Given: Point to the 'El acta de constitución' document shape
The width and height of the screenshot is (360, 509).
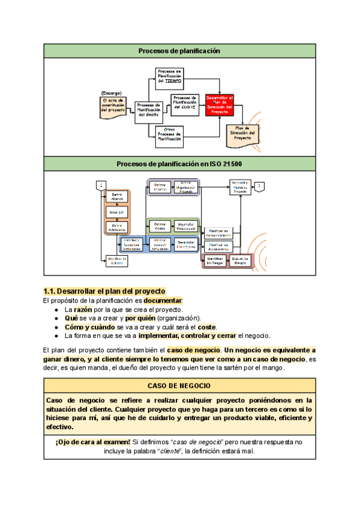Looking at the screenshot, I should click(113, 106).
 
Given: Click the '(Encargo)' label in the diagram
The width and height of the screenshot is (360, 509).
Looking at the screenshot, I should click(112, 93).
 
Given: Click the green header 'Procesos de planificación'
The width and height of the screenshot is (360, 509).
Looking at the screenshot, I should click(179, 51).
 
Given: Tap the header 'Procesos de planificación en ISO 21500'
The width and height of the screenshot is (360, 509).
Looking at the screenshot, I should click(179, 163).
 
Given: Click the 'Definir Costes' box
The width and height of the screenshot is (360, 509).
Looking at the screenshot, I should click(160, 226).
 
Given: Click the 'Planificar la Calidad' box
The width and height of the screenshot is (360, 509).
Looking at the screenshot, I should click(117, 259).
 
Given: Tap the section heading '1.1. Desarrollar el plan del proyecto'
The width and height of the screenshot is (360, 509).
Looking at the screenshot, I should click(104, 291).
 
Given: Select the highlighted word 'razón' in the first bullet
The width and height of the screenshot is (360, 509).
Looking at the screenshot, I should click(83, 309).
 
